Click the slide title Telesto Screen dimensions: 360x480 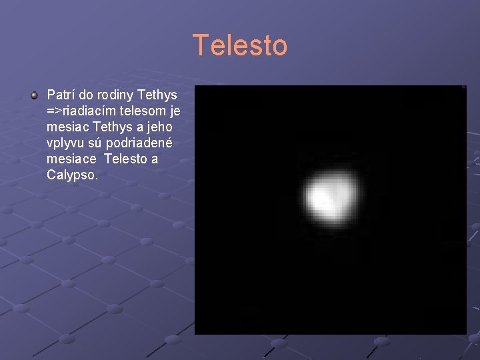point(240,46)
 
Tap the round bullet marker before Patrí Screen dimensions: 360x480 point(34,96)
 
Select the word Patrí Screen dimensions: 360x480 point(61,95)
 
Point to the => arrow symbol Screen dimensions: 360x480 point(54,111)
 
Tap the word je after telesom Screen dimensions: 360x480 point(175,111)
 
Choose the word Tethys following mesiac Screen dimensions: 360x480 point(113,127)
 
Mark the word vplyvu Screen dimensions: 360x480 point(64,143)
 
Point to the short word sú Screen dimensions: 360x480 point(95,143)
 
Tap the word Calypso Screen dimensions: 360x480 point(72,175)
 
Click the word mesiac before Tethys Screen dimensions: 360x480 point(69,127)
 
